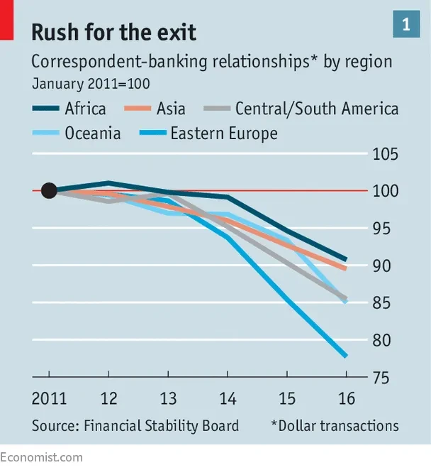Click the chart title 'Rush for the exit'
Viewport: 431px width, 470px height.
pos(113,32)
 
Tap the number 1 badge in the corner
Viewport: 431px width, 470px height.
pos(406,24)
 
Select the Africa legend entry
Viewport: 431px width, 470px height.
pos(69,109)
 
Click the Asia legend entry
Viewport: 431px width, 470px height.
pos(155,109)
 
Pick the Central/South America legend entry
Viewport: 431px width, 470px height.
pos(301,109)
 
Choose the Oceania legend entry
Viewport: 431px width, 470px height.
pos(77,133)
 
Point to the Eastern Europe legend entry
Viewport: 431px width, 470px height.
pos(208,133)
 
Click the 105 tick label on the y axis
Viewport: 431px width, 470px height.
pos(385,154)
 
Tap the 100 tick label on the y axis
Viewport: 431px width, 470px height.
pos(385,191)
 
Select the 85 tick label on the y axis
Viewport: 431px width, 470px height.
pos(381,302)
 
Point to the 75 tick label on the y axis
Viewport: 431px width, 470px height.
pos(381,378)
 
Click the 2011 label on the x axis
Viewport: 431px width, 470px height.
pos(49,399)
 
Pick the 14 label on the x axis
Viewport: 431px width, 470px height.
pos(228,399)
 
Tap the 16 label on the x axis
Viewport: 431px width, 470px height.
pos(347,399)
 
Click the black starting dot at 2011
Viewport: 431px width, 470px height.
pos(49,190)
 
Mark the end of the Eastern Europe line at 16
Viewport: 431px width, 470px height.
pos(347,356)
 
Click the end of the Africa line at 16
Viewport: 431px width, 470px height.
pos(347,259)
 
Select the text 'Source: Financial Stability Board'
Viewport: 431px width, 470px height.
pos(135,426)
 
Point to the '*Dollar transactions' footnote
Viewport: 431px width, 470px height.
pos(335,426)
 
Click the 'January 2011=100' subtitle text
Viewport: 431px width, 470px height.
pos(91,84)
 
